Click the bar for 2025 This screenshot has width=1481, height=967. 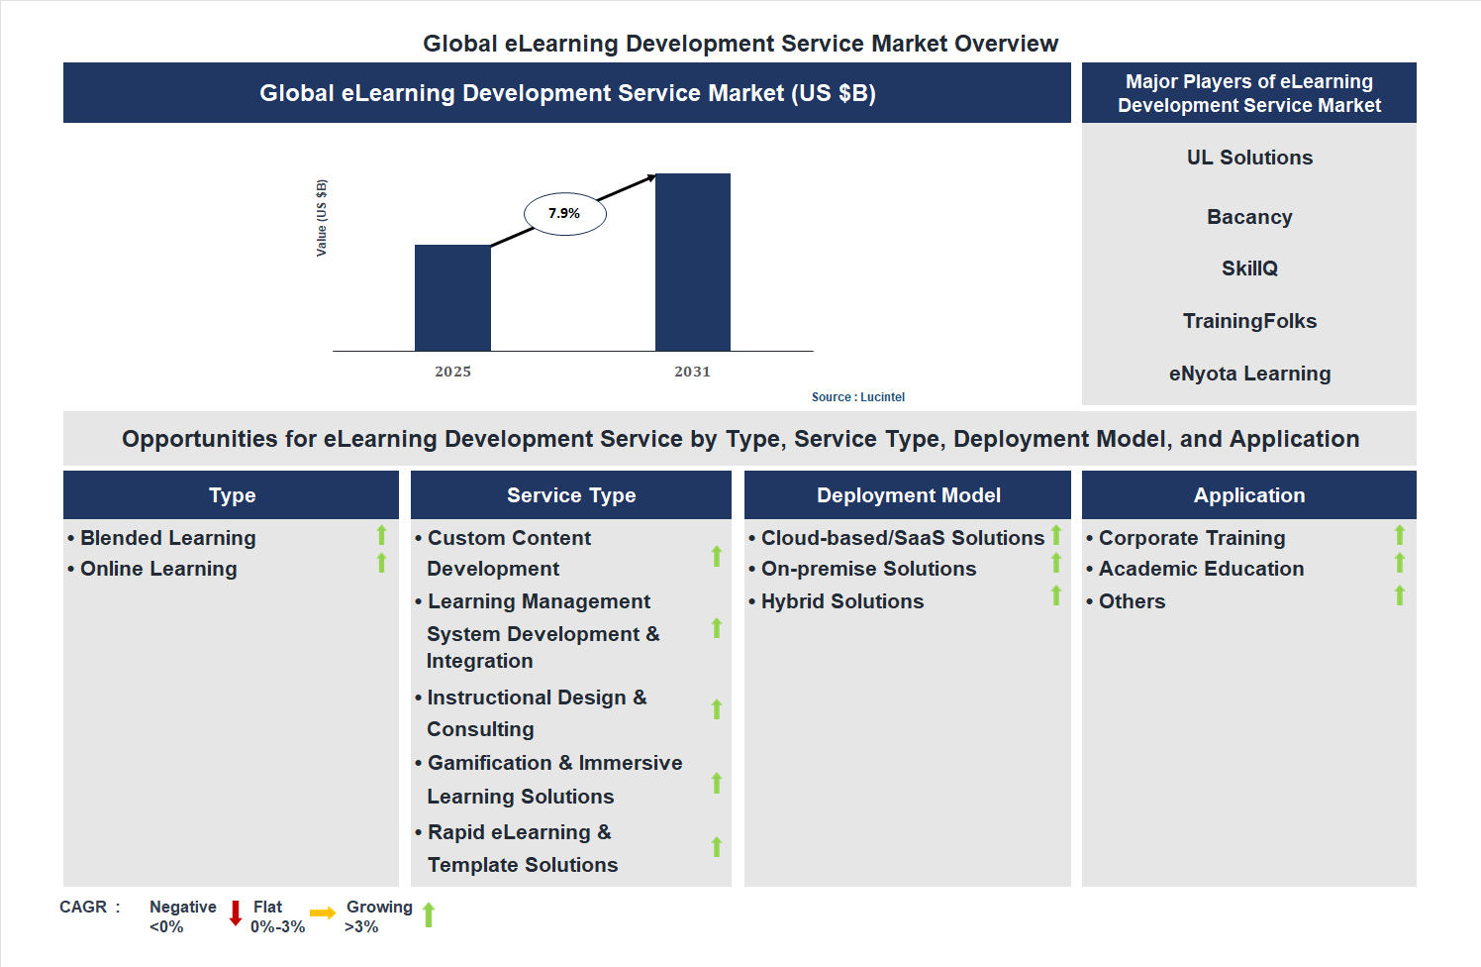pyautogui.click(x=452, y=297)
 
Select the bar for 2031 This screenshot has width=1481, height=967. pyautogui.click(x=693, y=262)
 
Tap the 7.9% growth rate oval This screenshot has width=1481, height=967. pyautogui.click(x=564, y=214)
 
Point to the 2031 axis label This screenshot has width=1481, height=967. pyautogui.click(x=692, y=372)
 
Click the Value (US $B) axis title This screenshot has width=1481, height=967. pyautogui.click(x=321, y=218)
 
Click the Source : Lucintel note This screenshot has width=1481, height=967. pyautogui.click(x=857, y=397)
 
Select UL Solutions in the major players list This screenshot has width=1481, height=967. pyautogui.click(x=1249, y=158)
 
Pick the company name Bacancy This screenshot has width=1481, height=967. pyautogui.click(x=1249, y=217)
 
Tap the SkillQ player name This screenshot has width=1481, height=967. pyautogui.click(x=1249, y=269)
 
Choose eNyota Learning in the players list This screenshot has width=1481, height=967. pyautogui.click(x=1249, y=374)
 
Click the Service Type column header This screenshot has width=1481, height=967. pyautogui.click(x=571, y=495)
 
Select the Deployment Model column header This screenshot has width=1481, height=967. pyautogui.click(x=908, y=495)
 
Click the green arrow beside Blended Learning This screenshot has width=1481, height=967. pyautogui.click(x=381, y=535)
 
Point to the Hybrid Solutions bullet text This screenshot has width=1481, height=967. pyautogui.click(x=841, y=601)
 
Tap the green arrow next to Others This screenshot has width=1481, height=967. pyautogui.click(x=1400, y=595)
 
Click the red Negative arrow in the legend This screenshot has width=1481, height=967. pyautogui.click(x=236, y=913)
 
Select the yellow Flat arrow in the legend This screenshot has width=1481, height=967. pyautogui.click(x=323, y=913)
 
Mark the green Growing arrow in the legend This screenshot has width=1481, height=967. pyautogui.click(x=429, y=914)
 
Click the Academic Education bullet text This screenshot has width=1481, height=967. pyautogui.click(x=1201, y=569)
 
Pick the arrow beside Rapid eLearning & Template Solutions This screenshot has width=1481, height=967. pyautogui.click(x=717, y=847)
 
